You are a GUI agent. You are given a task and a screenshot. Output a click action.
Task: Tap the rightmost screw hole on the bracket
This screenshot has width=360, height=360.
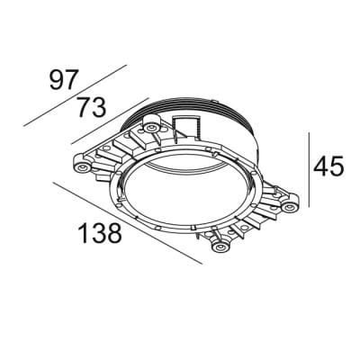[x=289, y=208]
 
